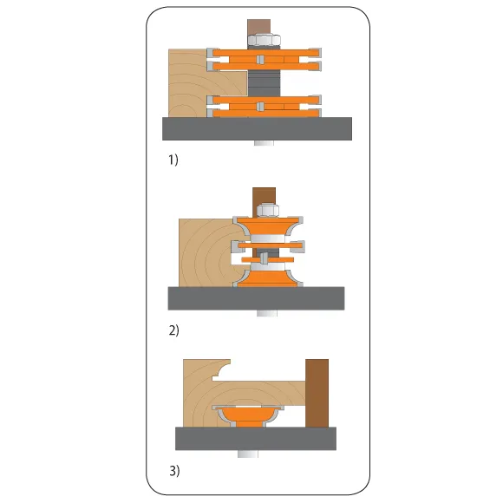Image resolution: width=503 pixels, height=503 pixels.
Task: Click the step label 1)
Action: (x=173, y=160)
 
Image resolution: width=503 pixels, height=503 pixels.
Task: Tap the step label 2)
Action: (x=173, y=330)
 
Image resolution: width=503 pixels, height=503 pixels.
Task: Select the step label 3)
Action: (x=174, y=471)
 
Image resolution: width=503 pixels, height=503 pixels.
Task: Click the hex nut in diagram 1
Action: (x=264, y=40)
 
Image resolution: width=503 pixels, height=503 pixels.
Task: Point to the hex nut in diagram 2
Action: (x=267, y=210)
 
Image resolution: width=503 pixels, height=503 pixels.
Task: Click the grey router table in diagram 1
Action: (x=257, y=128)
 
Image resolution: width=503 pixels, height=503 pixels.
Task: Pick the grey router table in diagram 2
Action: (x=256, y=298)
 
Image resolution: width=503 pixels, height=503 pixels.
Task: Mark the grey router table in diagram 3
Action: (x=256, y=439)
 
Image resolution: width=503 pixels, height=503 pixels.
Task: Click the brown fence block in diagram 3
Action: (x=317, y=393)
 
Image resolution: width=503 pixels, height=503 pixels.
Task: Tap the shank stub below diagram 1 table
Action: (x=264, y=143)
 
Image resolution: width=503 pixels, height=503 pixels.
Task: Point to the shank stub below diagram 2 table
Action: (x=267, y=313)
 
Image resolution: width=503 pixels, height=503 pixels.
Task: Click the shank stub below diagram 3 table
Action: (x=248, y=454)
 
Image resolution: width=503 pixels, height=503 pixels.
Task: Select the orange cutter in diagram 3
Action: (x=248, y=415)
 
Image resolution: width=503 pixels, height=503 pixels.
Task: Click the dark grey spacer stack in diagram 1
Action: (x=264, y=83)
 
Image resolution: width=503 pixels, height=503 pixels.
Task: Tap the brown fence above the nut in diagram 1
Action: (x=259, y=27)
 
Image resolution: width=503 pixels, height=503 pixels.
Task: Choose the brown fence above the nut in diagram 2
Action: (x=264, y=196)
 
